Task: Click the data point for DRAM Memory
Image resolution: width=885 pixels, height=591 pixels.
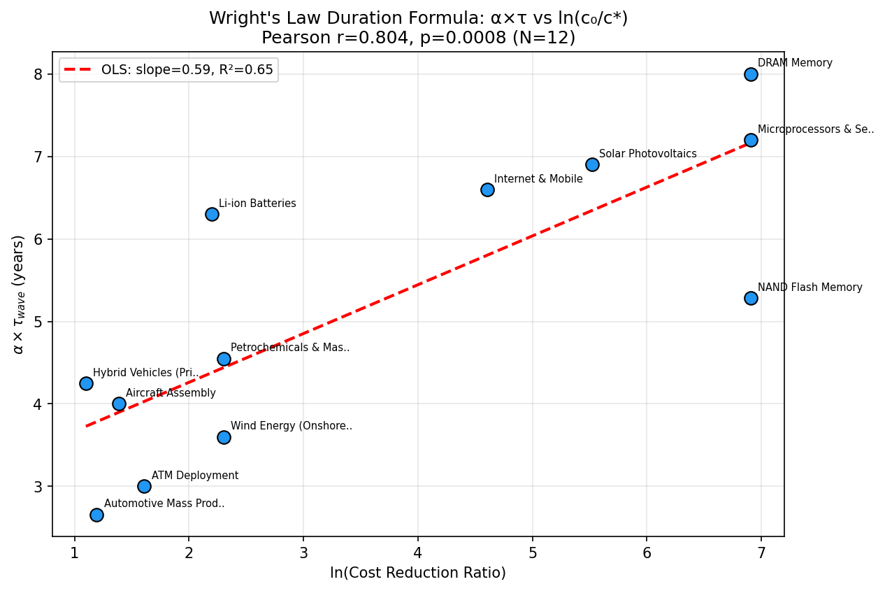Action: pyautogui.click(x=751, y=74)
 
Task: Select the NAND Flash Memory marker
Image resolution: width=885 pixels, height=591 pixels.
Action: pyautogui.click(x=751, y=298)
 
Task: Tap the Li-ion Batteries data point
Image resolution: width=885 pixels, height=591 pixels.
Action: pyautogui.click(x=212, y=214)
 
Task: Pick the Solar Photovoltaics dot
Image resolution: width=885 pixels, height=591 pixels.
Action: pyautogui.click(x=592, y=164)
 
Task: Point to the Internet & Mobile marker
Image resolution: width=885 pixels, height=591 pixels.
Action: pyautogui.click(x=487, y=190)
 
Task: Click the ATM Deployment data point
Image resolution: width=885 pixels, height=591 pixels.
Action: pyautogui.click(x=144, y=486)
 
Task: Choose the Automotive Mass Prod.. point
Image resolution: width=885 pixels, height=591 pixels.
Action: pyautogui.click(x=96, y=515)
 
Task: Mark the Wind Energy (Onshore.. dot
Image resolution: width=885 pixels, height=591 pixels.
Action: pyautogui.click(x=224, y=437)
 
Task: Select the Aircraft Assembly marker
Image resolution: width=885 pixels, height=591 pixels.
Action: pyautogui.click(x=119, y=404)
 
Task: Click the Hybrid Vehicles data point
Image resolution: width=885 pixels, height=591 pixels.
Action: pyautogui.click(x=86, y=383)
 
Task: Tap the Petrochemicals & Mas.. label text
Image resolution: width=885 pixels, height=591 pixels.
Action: pyautogui.click(x=289, y=348)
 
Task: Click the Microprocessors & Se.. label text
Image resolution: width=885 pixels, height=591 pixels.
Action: pyautogui.click(x=815, y=129)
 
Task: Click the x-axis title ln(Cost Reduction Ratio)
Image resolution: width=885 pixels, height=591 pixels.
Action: pyautogui.click(x=417, y=573)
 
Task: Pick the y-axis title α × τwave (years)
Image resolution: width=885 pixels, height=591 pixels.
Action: pyautogui.click(x=18, y=294)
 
